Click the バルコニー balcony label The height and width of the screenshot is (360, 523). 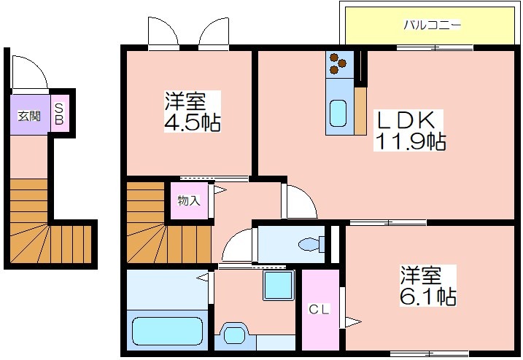[433, 25]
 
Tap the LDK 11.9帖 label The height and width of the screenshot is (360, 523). [409, 130]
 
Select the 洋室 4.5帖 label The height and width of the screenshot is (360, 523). [192, 111]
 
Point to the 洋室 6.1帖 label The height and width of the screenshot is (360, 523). [428, 286]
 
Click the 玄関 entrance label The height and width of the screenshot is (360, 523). [29, 117]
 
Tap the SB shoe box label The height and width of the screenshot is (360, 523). [59, 114]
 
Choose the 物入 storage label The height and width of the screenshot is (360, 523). [189, 200]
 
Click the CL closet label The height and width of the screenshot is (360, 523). [319, 310]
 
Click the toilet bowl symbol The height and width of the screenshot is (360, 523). [311, 244]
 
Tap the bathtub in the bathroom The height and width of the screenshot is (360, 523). [167, 332]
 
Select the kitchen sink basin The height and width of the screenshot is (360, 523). [338, 114]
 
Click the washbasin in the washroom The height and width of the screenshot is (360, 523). [234, 334]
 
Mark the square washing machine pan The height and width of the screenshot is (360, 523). [279, 286]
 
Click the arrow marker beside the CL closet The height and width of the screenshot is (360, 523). [352, 322]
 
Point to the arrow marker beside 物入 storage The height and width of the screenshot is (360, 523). [220, 190]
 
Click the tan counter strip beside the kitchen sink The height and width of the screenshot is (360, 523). [360, 111]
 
